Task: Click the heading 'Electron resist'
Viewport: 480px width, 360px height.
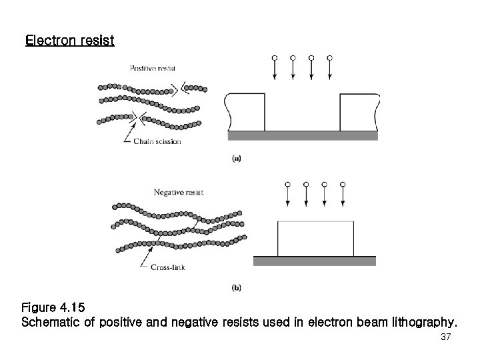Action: click(x=69, y=41)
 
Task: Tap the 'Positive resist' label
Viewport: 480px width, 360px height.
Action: click(x=153, y=68)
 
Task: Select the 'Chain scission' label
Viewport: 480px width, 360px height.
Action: click(x=157, y=141)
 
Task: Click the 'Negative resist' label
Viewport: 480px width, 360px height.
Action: click(x=179, y=192)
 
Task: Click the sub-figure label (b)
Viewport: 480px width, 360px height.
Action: click(x=236, y=287)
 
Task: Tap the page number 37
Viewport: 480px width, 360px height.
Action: click(x=446, y=338)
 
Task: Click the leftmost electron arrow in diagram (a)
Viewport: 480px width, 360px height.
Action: click(x=275, y=69)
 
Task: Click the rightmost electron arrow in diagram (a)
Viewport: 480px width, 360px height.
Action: click(x=330, y=69)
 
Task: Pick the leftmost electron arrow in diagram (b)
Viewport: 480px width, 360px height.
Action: click(x=287, y=195)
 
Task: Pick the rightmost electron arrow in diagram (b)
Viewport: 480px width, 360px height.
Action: click(x=342, y=195)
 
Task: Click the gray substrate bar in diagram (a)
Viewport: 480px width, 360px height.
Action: click(x=303, y=135)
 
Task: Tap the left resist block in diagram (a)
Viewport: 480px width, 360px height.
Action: click(x=247, y=112)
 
